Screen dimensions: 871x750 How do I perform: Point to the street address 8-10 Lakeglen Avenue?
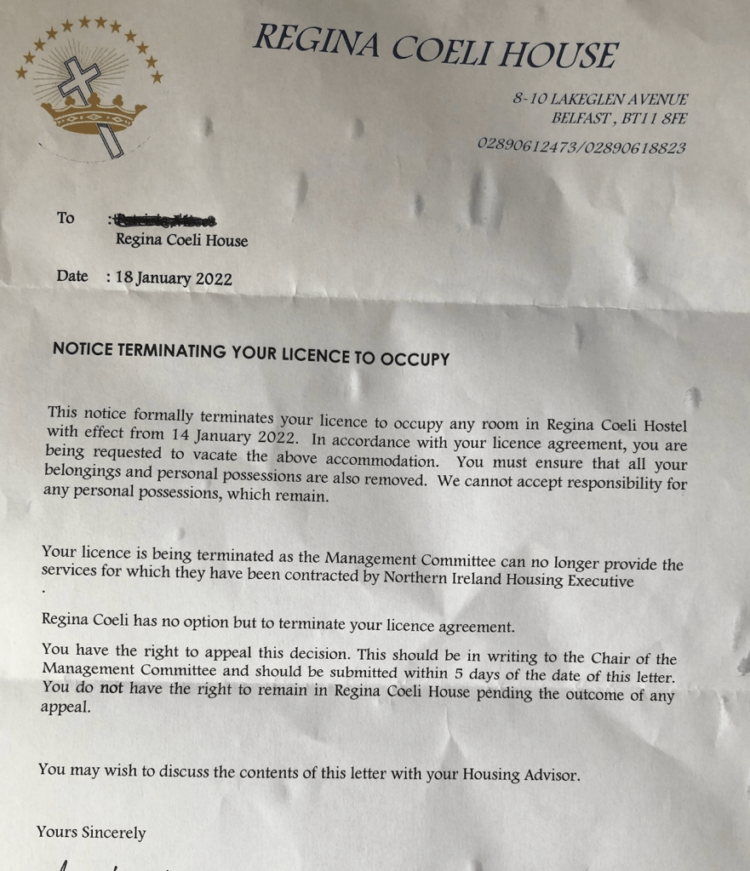click(599, 100)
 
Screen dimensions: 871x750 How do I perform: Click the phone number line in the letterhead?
click(581, 146)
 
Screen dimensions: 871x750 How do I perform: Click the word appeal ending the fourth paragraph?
click(66, 707)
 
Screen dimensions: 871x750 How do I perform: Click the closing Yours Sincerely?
click(91, 833)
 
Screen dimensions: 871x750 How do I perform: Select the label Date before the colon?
click(72, 276)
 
